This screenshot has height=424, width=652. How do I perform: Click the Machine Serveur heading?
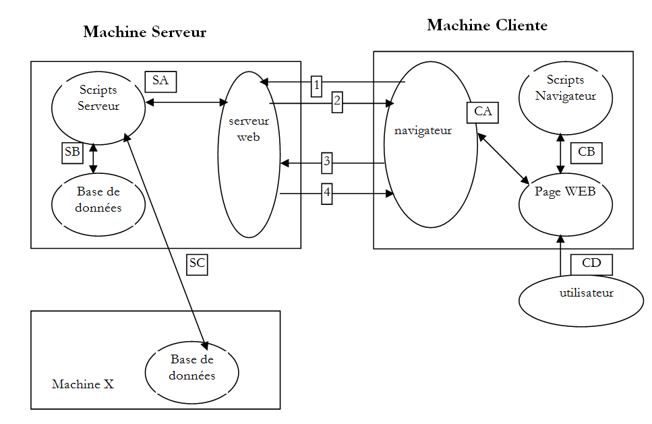coord(144,32)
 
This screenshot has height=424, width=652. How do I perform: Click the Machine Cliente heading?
coord(487,26)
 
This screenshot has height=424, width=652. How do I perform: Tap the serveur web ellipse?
coord(249,154)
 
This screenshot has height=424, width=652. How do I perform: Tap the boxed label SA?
coord(160,81)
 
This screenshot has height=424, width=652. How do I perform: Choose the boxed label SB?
coord(71,152)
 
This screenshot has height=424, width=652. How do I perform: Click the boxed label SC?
coord(197,264)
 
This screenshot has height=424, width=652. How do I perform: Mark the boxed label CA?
coord(483,112)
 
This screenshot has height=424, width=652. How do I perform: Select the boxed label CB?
coord(586,152)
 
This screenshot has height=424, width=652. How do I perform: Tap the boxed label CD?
coord(591,264)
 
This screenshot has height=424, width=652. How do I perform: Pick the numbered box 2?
coord(337,102)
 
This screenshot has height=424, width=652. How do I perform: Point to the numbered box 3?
coord(327,161)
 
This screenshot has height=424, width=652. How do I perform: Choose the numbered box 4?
coord(327,193)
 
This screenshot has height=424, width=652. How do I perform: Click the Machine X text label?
coord(83,384)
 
